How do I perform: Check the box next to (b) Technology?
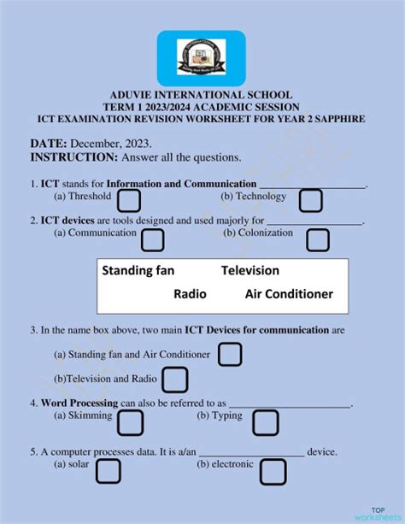coord(310,201)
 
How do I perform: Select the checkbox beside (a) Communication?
coord(152,239)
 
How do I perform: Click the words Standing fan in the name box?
coord(138,271)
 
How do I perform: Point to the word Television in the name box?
coord(250,271)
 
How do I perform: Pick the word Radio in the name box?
coord(190,294)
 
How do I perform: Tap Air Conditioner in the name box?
coord(289,294)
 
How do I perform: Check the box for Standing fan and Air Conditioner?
coord(231,354)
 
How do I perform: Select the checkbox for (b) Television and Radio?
coord(174,380)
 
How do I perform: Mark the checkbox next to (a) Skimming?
coord(129,422)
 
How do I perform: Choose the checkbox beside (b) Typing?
coord(266,422)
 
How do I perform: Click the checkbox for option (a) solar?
coord(109,470)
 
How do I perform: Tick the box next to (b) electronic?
coord(273,471)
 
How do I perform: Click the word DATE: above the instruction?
coord(49,144)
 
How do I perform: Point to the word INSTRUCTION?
coord(73,158)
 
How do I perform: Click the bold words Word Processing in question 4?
coord(79,403)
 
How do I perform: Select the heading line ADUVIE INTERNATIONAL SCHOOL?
coord(202,95)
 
